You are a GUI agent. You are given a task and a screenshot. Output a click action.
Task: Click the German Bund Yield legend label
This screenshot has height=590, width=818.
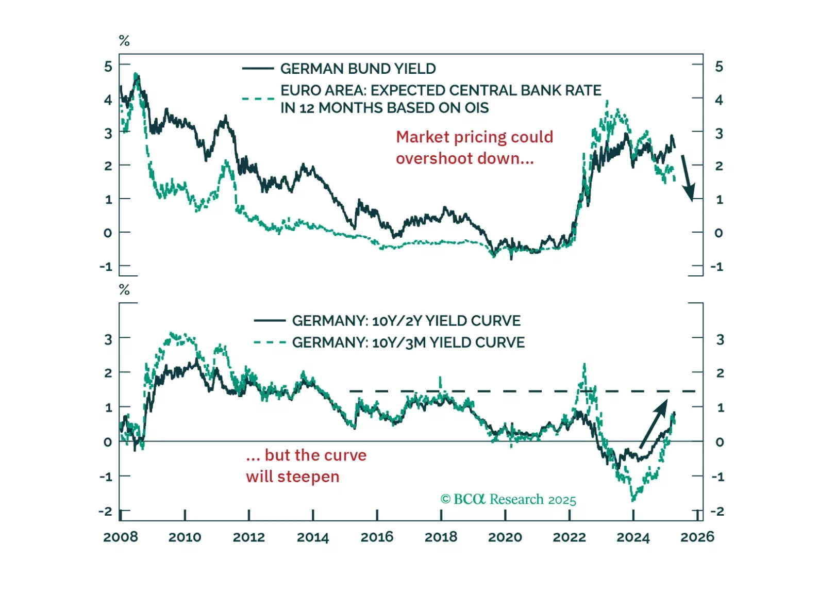coord(358,69)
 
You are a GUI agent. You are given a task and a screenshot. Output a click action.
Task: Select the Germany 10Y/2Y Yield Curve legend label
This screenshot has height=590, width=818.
coord(406,321)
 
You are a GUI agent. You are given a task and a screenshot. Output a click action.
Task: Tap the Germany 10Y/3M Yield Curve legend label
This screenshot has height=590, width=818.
coord(408,342)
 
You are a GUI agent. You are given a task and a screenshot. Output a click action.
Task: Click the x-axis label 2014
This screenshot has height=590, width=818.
coord(313,537)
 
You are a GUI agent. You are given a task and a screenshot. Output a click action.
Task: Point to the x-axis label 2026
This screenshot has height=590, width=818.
coord(697,537)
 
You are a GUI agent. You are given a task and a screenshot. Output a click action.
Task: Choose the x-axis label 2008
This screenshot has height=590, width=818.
coord(121,537)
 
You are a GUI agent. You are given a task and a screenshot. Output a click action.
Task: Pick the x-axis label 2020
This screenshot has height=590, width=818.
coord(505,537)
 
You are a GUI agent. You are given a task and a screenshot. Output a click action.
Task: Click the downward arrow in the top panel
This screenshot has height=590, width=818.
coord(688,177)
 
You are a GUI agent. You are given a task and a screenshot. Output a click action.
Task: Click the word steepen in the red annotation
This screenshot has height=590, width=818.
coord(308,477)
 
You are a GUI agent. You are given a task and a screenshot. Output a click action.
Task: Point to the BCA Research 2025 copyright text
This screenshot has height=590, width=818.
coord(508,499)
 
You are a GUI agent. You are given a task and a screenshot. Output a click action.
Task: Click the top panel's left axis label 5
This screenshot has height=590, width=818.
coord(108,67)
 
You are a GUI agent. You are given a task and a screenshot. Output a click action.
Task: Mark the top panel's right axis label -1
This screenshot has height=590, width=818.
coord(717,267)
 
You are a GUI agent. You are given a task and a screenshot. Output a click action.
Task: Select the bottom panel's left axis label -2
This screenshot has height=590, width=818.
coord(105,512)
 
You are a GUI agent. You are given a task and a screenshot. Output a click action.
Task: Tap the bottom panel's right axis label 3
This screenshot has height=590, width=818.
coord(720,340)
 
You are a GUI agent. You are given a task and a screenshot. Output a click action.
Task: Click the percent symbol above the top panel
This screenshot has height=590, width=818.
coord(124,41)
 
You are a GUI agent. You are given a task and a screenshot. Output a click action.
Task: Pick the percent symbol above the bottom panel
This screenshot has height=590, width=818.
coord(124,290)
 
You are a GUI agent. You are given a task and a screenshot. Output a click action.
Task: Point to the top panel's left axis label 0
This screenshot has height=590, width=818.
coord(107,233)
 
